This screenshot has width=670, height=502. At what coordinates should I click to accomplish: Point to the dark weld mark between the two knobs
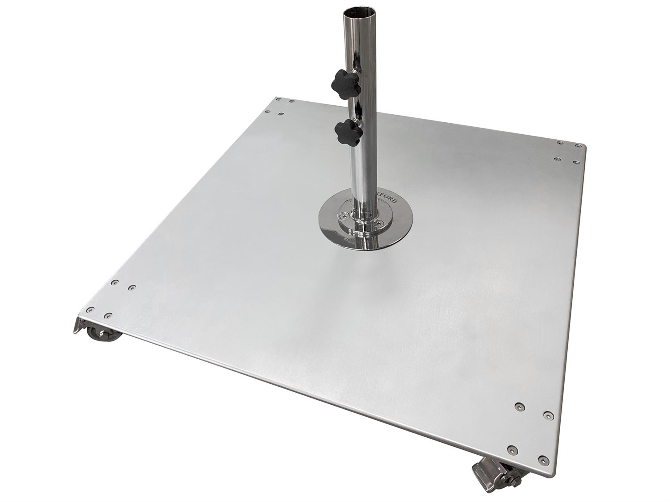[x=359, y=109]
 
